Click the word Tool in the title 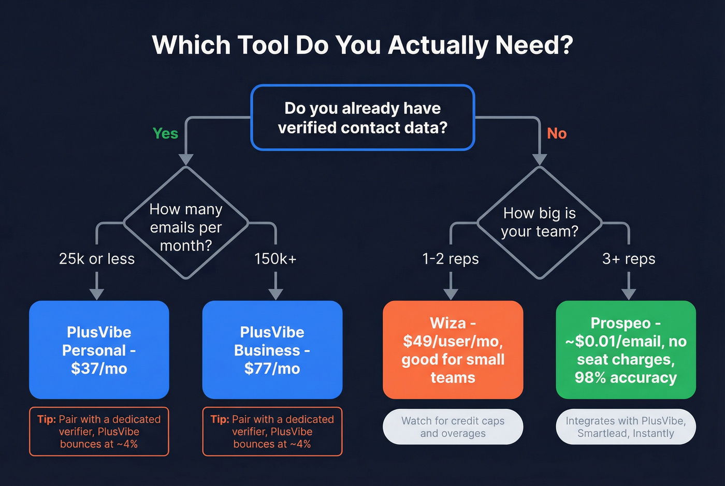pos(263,45)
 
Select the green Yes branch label pos(165,134)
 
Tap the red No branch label pos(557,134)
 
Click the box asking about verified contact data pos(363,118)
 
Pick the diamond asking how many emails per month pos(186,223)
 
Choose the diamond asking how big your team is pos(540,223)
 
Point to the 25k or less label pos(97,259)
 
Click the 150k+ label pos(275,259)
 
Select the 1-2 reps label pos(451,259)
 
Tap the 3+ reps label pos(629,259)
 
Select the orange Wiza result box pos(453,350)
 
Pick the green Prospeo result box pos(626,350)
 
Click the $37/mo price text pos(99,369)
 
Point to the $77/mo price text pos(272,369)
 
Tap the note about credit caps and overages pos(453,427)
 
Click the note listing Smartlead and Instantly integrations pos(626,427)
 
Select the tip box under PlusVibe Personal pos(99,432)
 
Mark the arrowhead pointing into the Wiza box pos(451,293)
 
